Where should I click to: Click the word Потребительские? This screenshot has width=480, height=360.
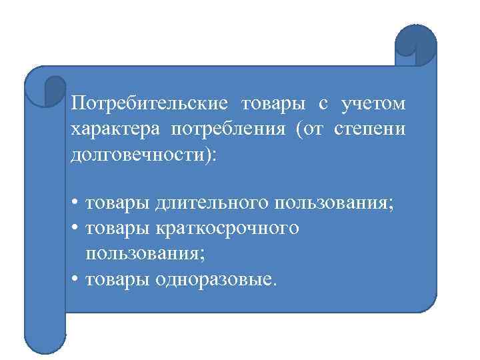pyautogui.click(x=149, y=104)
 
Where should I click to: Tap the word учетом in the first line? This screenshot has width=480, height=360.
pyautogui.click(x=373, y=104)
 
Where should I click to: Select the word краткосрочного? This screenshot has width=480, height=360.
pyautogui.click(x=229, y=228)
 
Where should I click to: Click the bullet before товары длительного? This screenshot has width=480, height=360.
pyautogui.click(x=77, y=203)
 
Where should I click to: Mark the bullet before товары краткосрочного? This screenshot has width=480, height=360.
pyautogui.click(x=77, y=228)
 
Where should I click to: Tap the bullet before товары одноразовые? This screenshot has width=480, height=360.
pyautogui.click(x=77, y=278)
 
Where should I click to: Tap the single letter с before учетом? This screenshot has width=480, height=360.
pyautogui.click(x=322, y=105)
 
